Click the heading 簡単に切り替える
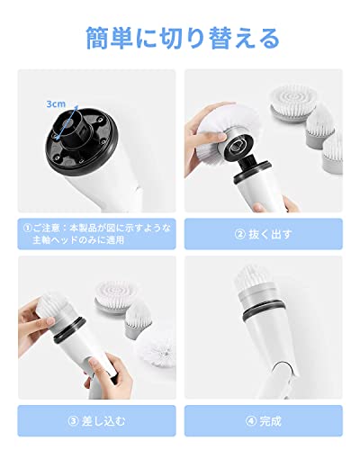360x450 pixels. [x=183, y=39]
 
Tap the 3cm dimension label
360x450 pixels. [x=56, y=104]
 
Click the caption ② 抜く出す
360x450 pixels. [x=263, y=234]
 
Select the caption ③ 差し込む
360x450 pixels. [x=96, y=421]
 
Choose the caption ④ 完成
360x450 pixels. [x=264, y=421]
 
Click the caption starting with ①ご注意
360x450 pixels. [x=97, y=234]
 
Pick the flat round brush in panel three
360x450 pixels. [x=116, y=297]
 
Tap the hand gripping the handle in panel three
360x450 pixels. [x=109, y=376]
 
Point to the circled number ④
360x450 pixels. [x=251, y=421]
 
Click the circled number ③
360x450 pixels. [x=73, y=421]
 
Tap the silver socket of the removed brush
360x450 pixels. [x=237, y=145]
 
